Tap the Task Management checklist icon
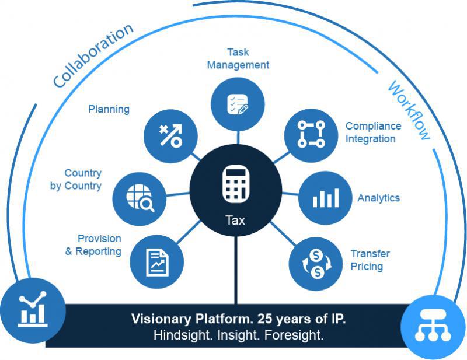[238, 103]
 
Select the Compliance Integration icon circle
[311, 135]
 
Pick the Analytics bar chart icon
[325, 197]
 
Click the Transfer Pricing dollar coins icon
[316, 263]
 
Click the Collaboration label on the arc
[93, 55]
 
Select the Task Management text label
[238, 58]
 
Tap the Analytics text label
[378, 198]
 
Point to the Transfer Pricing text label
[370, 260]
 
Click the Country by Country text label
[83, 179]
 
